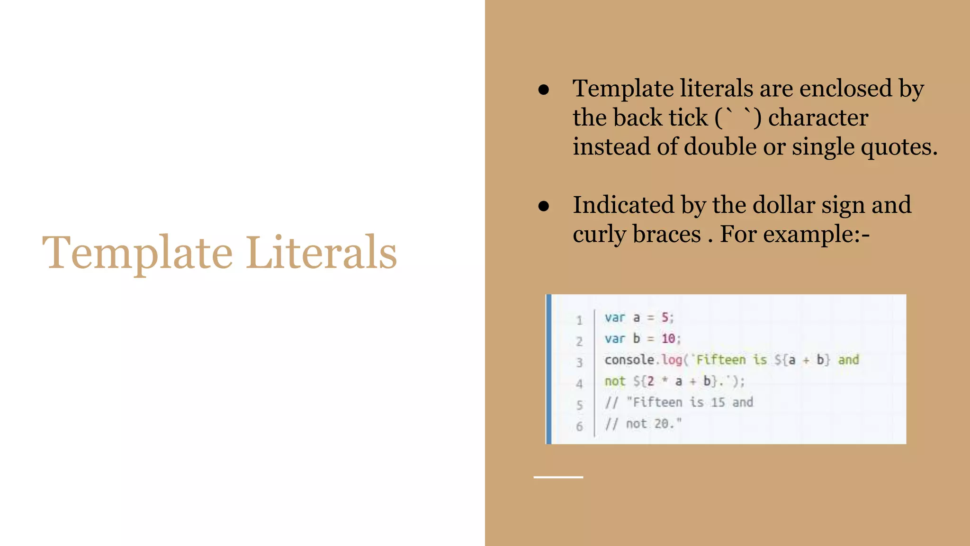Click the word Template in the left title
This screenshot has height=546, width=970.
[137, 254]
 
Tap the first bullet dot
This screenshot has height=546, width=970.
[544, 90]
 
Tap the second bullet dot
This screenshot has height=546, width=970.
[544, 206]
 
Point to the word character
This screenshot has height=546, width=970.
[818, 118]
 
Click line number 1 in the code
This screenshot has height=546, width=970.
[579, 320]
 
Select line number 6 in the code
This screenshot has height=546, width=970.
[579, 426]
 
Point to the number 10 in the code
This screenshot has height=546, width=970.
[668, 338]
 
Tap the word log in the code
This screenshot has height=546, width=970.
[671, 360]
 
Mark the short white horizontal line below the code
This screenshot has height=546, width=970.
[558, 477]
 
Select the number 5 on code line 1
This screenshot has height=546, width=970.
[665, 317]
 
